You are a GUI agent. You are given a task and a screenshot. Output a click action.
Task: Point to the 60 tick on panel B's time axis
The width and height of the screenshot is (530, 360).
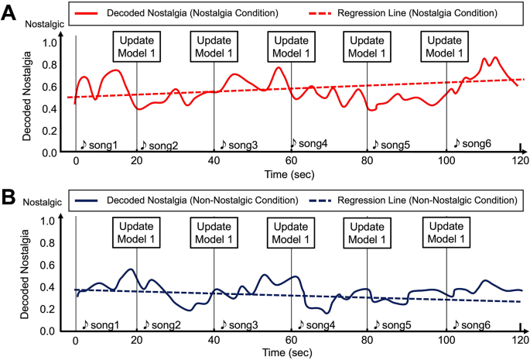(x=291, y=340)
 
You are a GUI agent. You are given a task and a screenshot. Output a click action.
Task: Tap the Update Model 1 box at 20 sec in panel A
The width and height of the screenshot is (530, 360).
(x=137, y=46)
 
